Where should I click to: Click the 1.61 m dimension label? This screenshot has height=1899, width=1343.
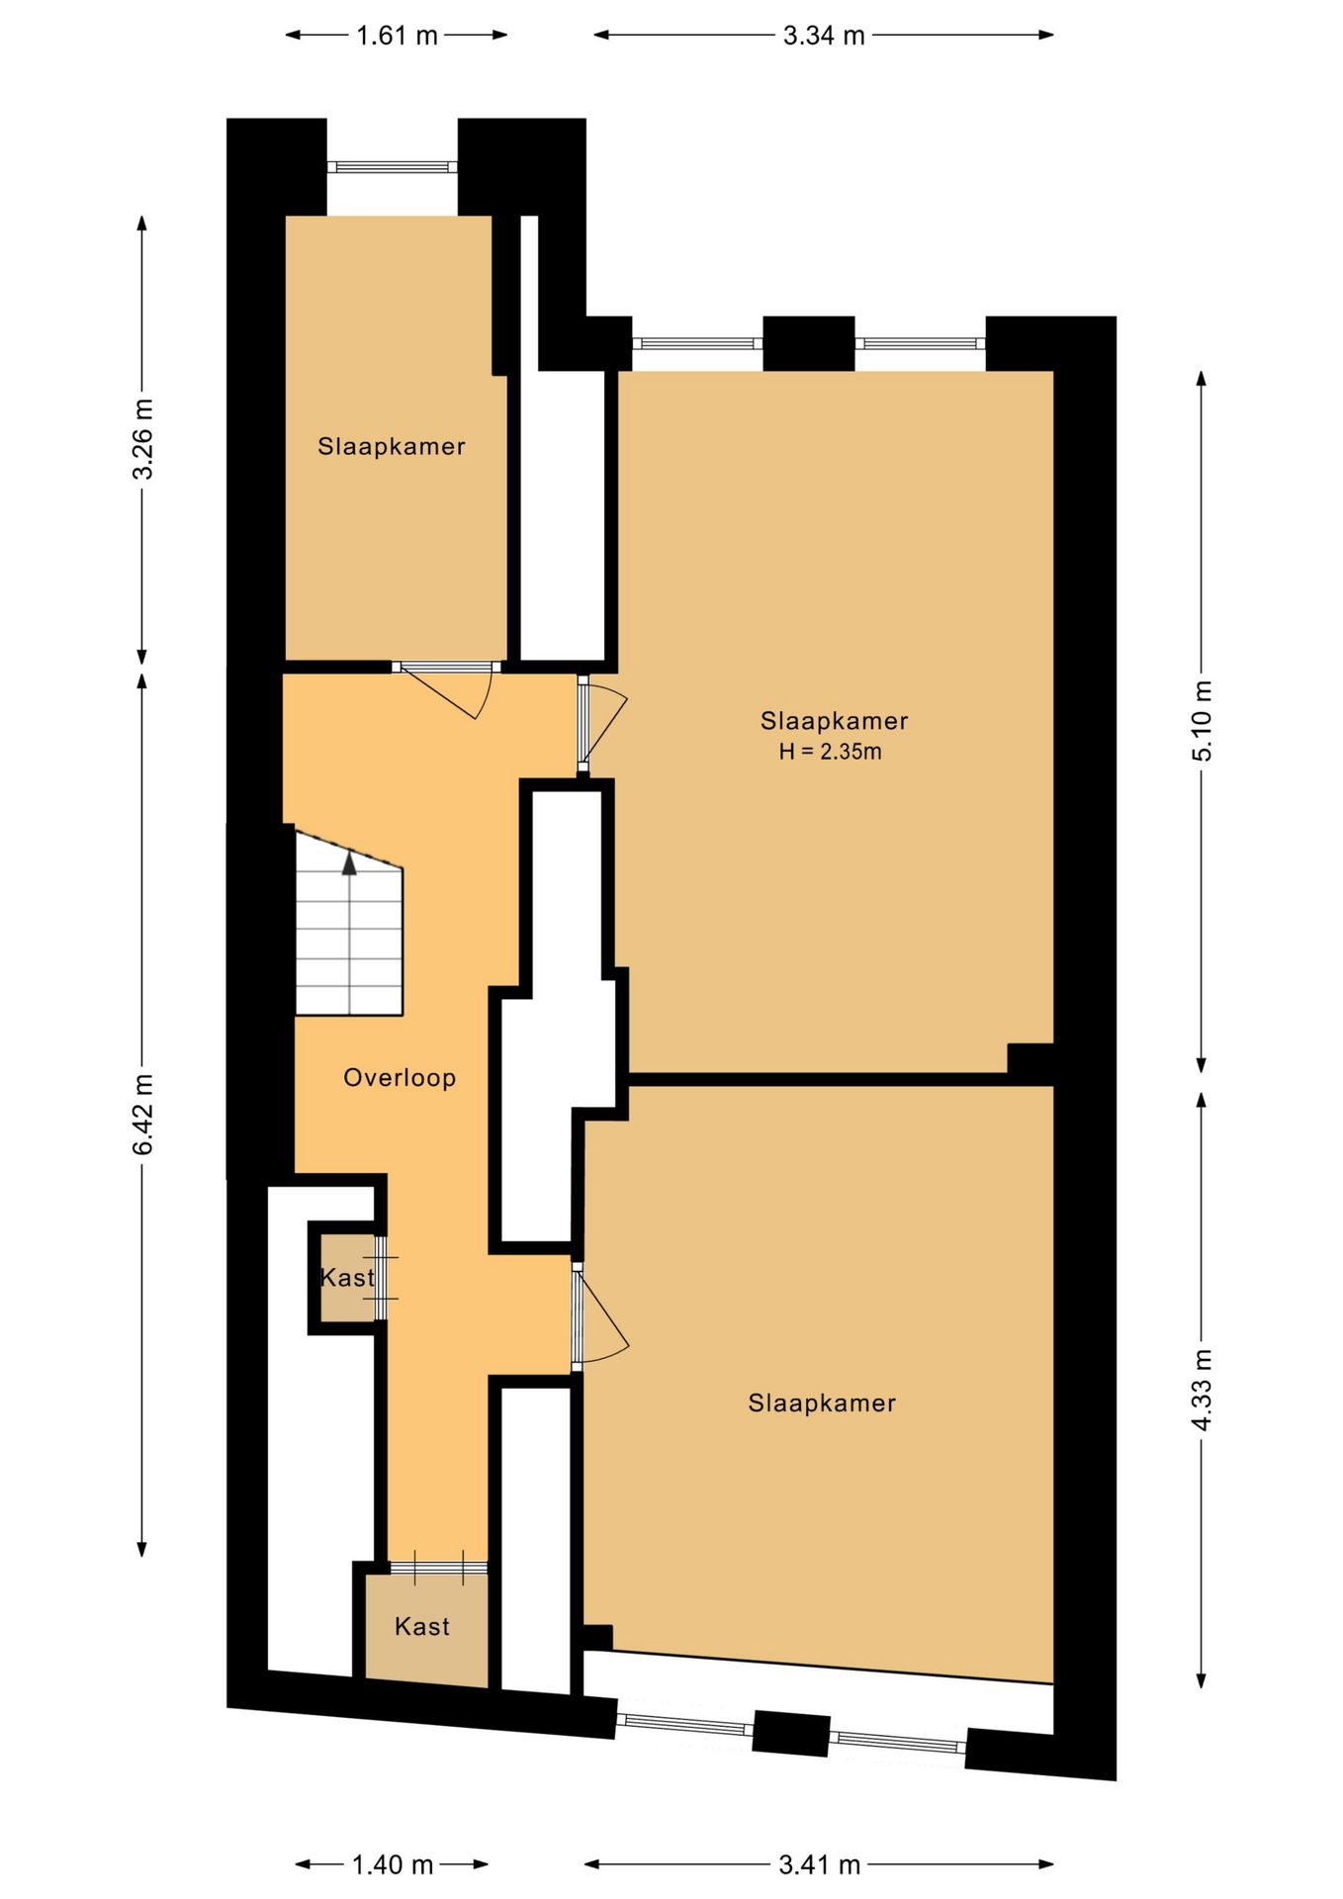point(397,36)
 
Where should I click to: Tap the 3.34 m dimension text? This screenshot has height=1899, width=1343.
point(824,36)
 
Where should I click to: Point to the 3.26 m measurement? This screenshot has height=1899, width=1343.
point(143,438)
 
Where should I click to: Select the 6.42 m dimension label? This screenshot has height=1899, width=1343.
point(143,1114)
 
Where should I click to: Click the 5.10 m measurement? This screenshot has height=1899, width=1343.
point(1202,721)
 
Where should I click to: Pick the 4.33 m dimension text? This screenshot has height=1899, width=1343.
point(1202,1390)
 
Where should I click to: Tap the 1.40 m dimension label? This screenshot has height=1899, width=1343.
point(393,1864)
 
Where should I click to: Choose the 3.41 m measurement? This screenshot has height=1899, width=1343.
point(820,1864)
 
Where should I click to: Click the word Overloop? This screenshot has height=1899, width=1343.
point(400,1078)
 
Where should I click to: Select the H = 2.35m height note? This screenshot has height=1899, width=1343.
point(830,752)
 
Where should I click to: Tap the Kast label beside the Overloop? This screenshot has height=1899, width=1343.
point(347,1278)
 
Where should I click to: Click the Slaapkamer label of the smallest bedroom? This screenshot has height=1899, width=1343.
point(392,446)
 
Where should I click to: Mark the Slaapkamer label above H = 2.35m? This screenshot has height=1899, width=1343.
point(834,721)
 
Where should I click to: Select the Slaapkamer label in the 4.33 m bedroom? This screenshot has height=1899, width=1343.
point(822,1403)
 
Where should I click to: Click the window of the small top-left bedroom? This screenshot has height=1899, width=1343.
point(393,167)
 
